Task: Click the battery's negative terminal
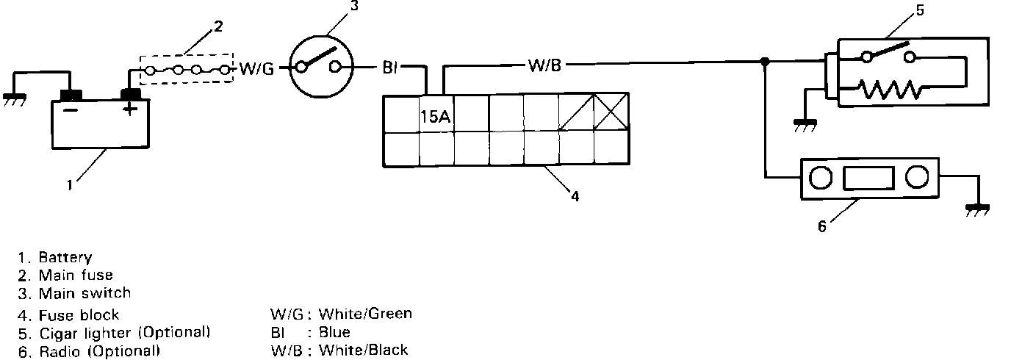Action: pos(71,95)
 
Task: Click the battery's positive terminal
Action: pos(131,95)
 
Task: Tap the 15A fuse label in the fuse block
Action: pos(435,116)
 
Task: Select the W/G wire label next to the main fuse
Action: pos(256,69)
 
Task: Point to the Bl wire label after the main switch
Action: pos(389,68)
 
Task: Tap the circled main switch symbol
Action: pos(317,67)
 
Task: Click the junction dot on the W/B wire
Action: pos(765,62)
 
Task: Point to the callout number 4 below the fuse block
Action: pos(575,196)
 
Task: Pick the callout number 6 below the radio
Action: pos(821,226)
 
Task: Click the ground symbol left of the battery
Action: pos(12,98)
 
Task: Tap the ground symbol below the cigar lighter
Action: pos(807,125)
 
